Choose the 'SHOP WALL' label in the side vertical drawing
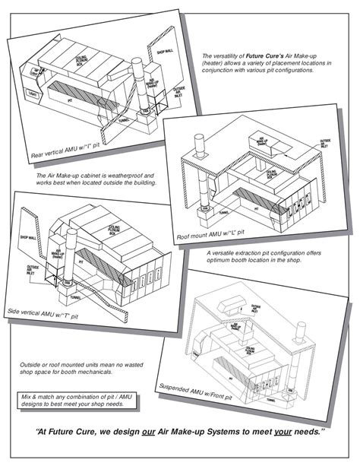click(29, 237)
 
